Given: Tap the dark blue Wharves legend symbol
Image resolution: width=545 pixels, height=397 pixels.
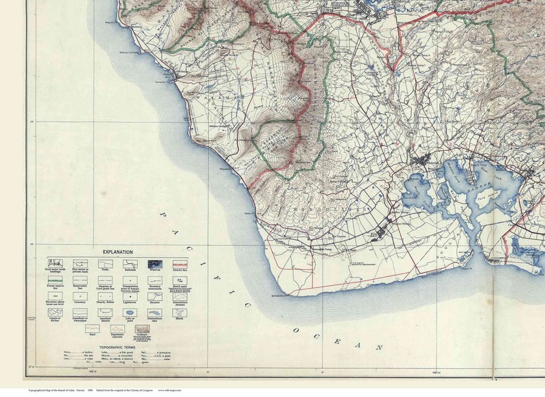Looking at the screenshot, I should [154, 264].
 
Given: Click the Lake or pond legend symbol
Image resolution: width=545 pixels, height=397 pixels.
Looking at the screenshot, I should [130, 313].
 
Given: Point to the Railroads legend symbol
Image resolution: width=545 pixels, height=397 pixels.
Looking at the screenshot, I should [130, 264].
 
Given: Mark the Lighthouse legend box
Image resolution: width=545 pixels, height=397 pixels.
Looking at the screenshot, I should [130, 296].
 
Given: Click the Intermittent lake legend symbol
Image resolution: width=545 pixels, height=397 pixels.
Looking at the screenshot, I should [154, 313].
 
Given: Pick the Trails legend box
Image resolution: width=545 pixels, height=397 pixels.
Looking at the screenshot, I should [105, 264].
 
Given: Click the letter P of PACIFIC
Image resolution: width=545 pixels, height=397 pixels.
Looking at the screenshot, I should [163, 215].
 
